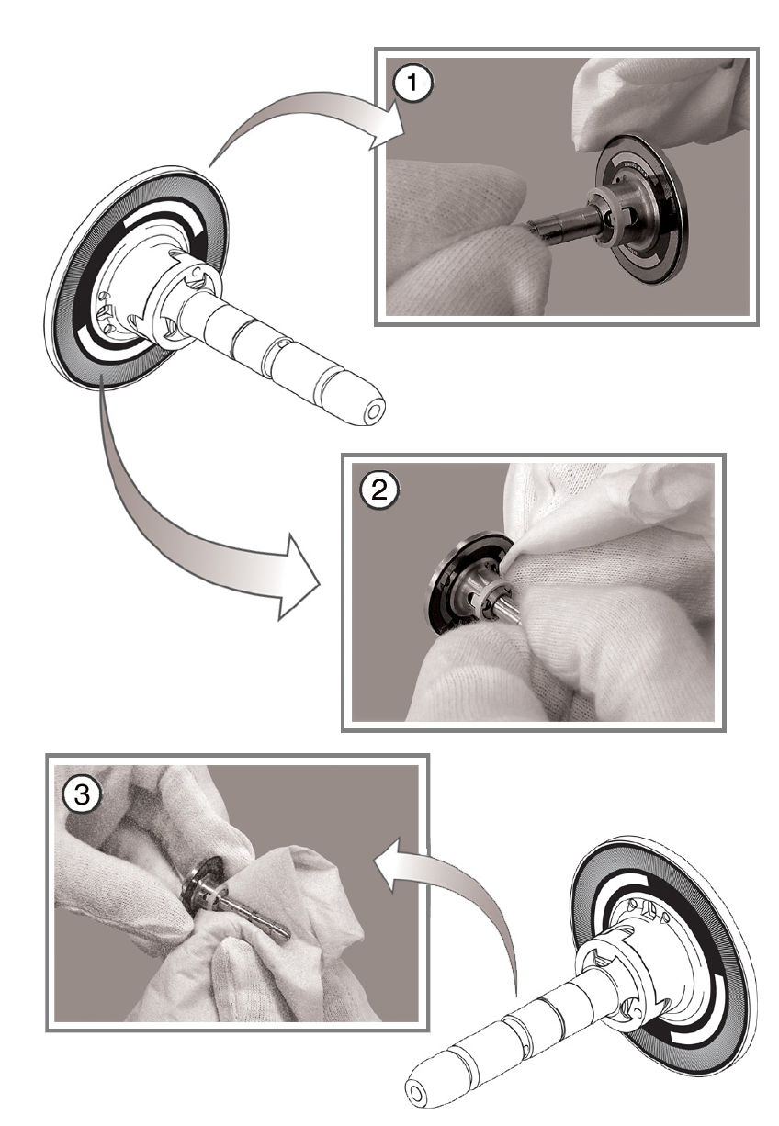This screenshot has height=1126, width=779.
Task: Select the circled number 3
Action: [x=83, y=794]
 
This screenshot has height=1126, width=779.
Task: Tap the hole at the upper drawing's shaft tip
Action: [x=374, y=412]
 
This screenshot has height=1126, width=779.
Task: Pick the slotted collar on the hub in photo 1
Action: [x=610, y=217]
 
